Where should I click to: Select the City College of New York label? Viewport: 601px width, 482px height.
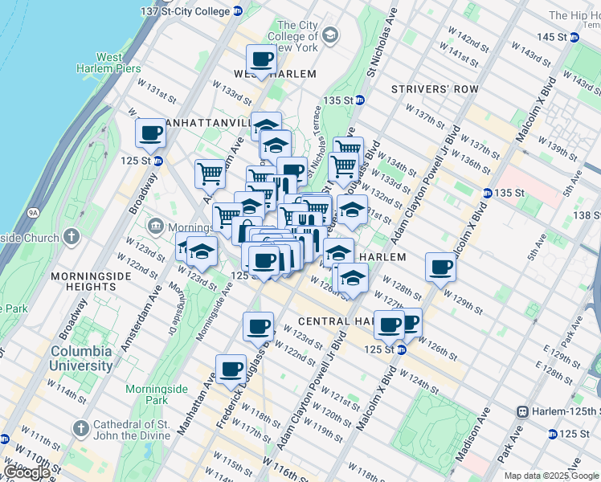tap(292, 36)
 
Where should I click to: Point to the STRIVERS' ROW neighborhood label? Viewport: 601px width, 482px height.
tap(434, 89)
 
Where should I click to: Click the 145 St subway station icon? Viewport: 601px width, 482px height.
tap(574, 37)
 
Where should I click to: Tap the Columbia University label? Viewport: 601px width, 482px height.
tap(82, 358)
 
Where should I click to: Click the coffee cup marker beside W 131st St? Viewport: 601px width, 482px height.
tap(150, 133)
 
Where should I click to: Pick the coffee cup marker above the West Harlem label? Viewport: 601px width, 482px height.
tap(261, 59)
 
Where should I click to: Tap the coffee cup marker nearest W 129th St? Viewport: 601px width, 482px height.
tap(440, 266)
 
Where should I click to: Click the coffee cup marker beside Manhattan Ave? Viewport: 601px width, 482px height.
tap(231, 368)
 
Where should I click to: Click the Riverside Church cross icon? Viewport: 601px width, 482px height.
tap(72, 238)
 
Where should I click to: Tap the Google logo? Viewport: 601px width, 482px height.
tap(27, 472)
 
